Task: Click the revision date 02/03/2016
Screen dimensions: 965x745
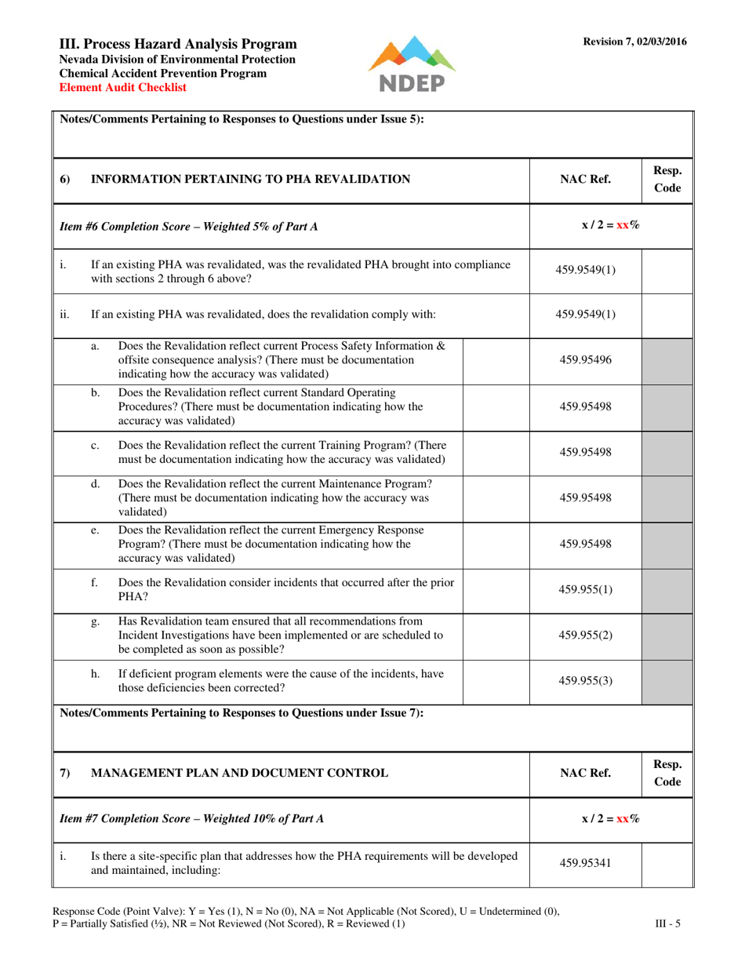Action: click(x=660, y=42)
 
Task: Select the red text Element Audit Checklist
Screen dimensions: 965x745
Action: click(x=123, y=87)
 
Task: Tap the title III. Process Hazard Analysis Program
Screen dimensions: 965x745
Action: click(x=178, y=45)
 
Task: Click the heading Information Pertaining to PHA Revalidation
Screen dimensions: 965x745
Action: click(x=251, y=180)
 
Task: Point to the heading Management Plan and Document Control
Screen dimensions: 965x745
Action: click(x=240, y=773)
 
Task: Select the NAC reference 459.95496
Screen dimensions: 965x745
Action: click(x=585, y=360)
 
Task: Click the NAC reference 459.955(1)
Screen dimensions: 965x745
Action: click(x=585, y=590)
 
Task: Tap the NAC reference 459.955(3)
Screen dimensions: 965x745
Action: click(x=585, y=680)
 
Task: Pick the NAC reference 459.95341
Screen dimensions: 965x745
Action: click(x=585, y=864)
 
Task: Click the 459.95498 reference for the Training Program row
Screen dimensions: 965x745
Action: click(x=585, y=452)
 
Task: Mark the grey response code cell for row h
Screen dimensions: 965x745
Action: click(x=667, y=680)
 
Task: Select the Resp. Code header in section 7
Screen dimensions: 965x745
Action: click(x=667, y=773)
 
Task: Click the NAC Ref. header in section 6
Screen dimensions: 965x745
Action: click(x=585, y=180)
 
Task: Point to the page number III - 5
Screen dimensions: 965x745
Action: click(x=668, y=923)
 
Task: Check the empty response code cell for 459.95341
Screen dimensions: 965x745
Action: click(x=667, y=864)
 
